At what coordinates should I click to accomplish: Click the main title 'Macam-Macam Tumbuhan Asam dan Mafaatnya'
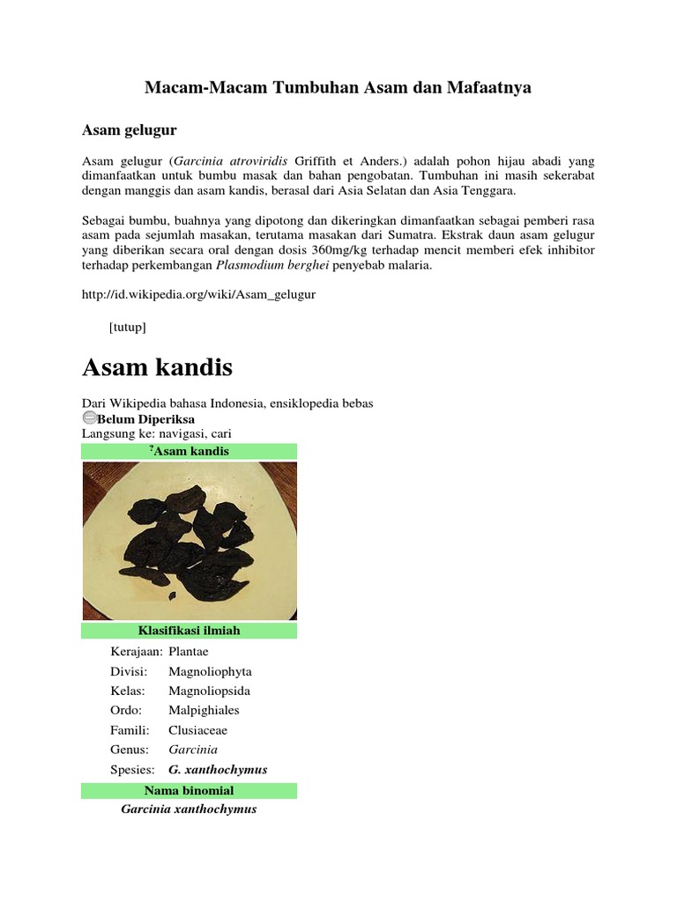(x=338, y=89)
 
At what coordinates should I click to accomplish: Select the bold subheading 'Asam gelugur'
(x=129, y=130)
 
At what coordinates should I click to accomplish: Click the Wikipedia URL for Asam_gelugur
(x=198, y=294)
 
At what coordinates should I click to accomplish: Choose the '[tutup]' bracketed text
(x=128, y=327)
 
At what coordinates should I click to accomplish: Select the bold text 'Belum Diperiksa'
(x=145, y=419)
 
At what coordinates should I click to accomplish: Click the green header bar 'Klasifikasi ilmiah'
(x=189, y=631)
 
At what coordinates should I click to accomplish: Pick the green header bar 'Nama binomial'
(x=189, y=790)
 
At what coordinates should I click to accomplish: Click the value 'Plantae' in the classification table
(x=188, y=652)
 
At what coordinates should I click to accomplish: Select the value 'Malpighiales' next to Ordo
(x=204, y=710)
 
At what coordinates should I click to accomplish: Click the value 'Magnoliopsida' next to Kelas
(x=208, y=691)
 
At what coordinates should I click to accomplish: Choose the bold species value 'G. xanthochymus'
(x=218, y=769)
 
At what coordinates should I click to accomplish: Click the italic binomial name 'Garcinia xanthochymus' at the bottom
(x=189, y=809)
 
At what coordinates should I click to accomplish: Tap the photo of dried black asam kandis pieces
(x=189, y=540)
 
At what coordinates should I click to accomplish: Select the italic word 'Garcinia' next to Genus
(x=192, y=750)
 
